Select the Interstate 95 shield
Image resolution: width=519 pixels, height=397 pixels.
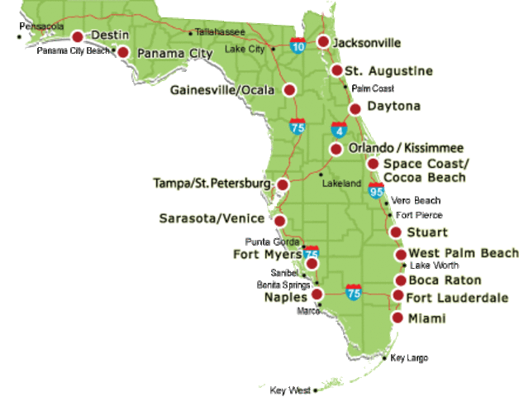point(377,191)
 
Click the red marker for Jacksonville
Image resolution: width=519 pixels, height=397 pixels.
point(323,41)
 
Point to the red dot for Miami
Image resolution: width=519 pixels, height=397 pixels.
point(398,318)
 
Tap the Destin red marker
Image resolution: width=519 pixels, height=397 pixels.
point(78,36)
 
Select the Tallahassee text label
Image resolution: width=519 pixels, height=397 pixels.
point(220,32)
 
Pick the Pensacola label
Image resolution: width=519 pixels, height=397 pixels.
point(41,26)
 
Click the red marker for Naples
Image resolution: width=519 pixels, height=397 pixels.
point(317,294)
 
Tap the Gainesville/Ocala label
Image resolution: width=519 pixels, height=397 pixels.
point(221,89)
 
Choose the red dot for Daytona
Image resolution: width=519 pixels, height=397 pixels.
point(355,108)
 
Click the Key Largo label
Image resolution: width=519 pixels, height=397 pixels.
point(409,358)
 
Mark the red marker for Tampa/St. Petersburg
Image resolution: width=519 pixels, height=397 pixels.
point(283,184)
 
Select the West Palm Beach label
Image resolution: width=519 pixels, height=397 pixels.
point(464,253)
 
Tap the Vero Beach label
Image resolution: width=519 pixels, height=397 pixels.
point(417,200)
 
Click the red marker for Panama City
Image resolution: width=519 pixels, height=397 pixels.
point(123,52)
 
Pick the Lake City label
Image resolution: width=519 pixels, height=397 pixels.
point(245,50)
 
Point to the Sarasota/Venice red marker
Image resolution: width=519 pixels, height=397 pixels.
point(280,221)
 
